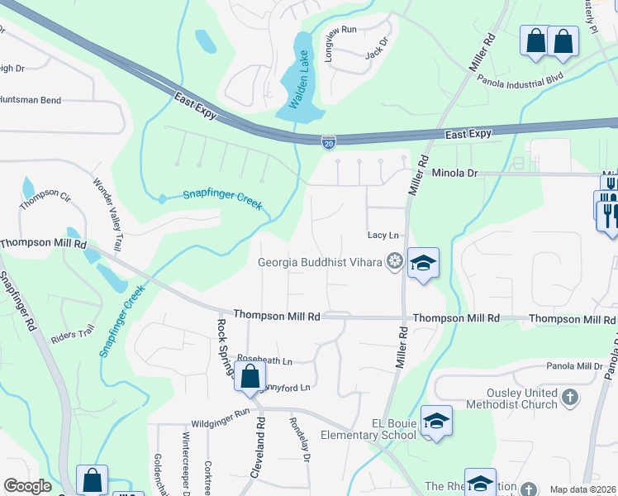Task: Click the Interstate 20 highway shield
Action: [329, 143]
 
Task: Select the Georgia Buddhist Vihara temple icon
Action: [394, 263]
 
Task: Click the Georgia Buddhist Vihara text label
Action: [320, 263]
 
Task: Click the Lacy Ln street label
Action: [383, 236]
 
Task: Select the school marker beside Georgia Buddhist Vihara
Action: [423, 264]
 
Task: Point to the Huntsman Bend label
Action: [31, 100]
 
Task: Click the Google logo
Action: [27, 486]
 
